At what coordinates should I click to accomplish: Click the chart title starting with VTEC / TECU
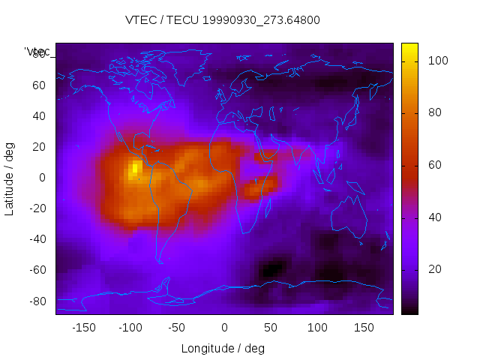coord(223,20)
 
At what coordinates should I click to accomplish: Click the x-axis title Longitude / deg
coord(223,348)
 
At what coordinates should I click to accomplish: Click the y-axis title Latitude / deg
coord(10,178)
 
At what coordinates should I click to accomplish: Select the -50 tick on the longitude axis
coord(177,328)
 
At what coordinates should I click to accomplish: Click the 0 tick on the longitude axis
coord(224,328)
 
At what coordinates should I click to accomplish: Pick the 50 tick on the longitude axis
coord(271,328)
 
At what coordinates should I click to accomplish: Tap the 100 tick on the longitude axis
coord(317,328)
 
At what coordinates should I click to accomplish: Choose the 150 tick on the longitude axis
coord(364,328)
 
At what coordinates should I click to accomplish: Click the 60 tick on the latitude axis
coord(39,85)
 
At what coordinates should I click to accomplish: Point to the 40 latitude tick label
coord(39,115)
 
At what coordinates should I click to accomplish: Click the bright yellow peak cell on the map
coord(135,167)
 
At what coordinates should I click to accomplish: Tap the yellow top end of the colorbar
coord(409,48)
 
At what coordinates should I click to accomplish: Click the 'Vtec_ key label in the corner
coord(37,52)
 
